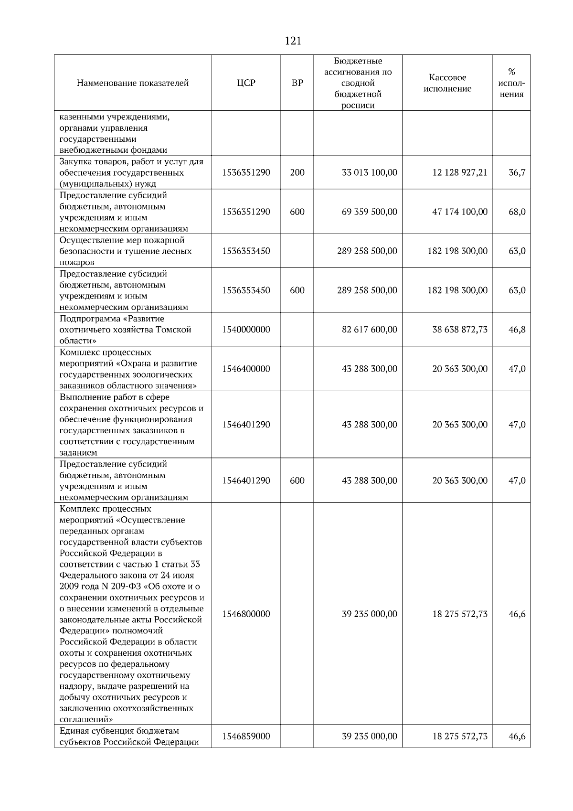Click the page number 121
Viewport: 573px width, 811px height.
tap(293, 41)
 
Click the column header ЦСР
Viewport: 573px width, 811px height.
tap(246, 83)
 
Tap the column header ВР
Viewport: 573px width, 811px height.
tap(297, 83)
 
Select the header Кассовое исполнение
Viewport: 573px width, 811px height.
tap(447, 83)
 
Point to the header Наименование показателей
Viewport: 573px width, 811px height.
tap(133, 83)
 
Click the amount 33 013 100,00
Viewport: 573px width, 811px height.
tap(369, 172)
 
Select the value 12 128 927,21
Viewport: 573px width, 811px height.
tap(460, 172)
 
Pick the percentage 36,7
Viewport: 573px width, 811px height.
tap(517, 172)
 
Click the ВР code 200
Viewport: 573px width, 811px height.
tap(297, 172)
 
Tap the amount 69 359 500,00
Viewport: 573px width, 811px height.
tap(369, 212)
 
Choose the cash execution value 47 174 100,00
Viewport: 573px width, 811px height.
tap(460, 212)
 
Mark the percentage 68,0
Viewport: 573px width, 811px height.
tap(517, 212)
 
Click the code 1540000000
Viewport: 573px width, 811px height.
tap(246, 330)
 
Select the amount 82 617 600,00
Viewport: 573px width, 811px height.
tap(369, 330)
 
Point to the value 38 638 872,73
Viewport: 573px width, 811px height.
tap(460, 330)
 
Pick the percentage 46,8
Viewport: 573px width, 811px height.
tap(517, 330)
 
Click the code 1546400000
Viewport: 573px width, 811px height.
tap(246, 369)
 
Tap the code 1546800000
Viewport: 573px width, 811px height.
tap(246, 614)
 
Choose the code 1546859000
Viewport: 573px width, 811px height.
tap(246, 736)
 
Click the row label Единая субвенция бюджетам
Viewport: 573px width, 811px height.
tap(119, 731)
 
